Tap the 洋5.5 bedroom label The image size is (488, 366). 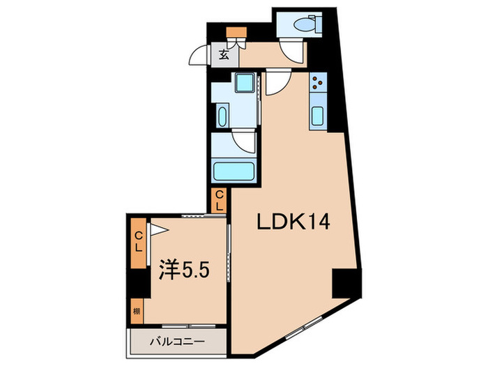[x=184, y=267]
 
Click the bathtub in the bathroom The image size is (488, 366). [x=234, y=171]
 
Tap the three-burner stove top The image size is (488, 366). [x=317, y=84]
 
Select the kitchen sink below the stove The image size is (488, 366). [x=317, y=116]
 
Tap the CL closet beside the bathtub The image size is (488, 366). [x=218, y=200]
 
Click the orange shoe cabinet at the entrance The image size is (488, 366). [x=233, y=32]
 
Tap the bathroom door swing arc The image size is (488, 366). [x=245, y=142]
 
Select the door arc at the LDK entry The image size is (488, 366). [x=275, y=82]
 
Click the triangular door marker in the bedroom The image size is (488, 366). [x=159, y=228]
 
